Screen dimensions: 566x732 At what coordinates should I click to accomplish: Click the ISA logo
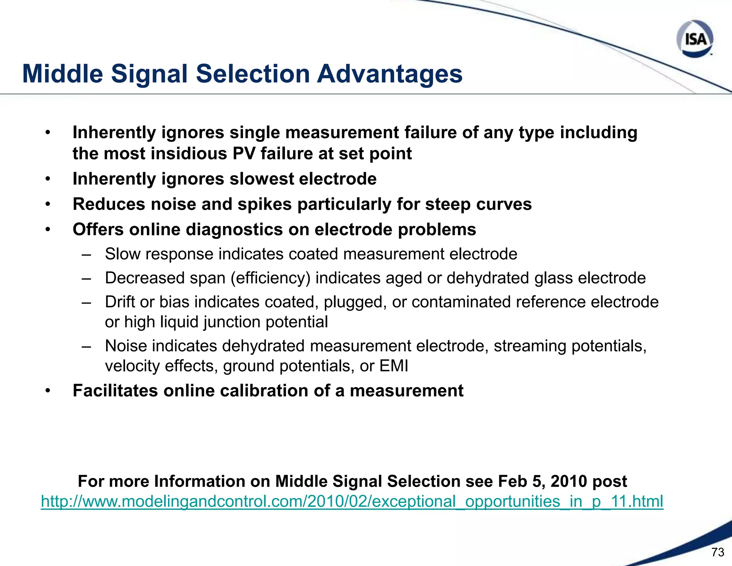pyautogui.click(x=695, y=39)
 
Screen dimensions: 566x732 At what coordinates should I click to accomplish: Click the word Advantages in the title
pyautogui.click(x=390, y=74)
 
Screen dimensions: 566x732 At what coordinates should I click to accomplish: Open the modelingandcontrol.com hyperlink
pyautogui.click(x=352, y=501)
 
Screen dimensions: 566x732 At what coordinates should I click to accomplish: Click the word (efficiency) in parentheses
pyautogui.click(x=270, y=278)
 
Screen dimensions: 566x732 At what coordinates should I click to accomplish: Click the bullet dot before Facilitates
pyautogui.click(x=48, y=391)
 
